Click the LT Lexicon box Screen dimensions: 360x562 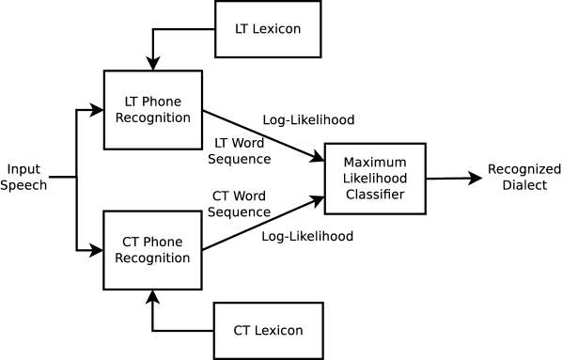(268, 29)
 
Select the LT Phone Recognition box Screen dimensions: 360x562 (152, 109)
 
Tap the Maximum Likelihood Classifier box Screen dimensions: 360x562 (374, 179)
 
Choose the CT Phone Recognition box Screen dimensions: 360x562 (152, 249)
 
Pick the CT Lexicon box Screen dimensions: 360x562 (268, 330)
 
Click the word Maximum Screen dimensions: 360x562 (374, 162)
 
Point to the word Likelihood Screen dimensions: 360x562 (374, 179)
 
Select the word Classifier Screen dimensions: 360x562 (374, 196)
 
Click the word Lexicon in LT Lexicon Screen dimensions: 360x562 (277, 29)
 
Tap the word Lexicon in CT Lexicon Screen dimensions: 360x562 (278, 330)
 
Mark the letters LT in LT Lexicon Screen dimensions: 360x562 (242, 29)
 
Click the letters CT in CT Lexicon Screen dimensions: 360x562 (242, 330)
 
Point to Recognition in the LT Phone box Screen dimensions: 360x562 (152, 118)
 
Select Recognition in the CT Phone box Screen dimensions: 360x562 (152, 258)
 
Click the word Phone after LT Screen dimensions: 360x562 (162, 102)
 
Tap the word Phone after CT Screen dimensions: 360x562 (163, 242)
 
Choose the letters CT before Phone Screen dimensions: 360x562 (133, 242)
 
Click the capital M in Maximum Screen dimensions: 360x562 (349, 162)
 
